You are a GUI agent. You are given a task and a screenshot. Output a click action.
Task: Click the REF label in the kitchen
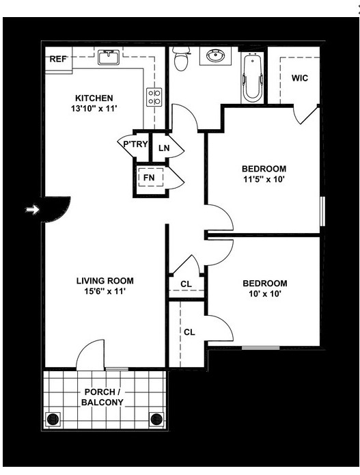point(57,59)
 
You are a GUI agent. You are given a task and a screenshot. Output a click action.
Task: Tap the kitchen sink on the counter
point(109,57)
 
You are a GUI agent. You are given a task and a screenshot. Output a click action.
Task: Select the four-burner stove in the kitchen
point(154,97)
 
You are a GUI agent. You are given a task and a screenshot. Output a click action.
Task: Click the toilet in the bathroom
point(181,60)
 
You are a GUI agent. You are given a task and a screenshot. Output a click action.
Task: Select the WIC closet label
point(300,78)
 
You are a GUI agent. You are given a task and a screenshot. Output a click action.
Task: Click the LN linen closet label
point(164,148)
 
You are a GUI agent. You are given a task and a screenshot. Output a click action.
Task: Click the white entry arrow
point(31,211)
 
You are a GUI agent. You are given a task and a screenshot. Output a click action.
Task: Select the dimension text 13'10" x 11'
point(94,109)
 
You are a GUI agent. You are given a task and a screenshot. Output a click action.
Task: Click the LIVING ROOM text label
point(105,280)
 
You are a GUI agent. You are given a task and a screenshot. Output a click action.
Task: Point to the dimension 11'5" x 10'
point(264,180)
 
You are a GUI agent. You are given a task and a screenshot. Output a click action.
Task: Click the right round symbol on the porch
point(156,419)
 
